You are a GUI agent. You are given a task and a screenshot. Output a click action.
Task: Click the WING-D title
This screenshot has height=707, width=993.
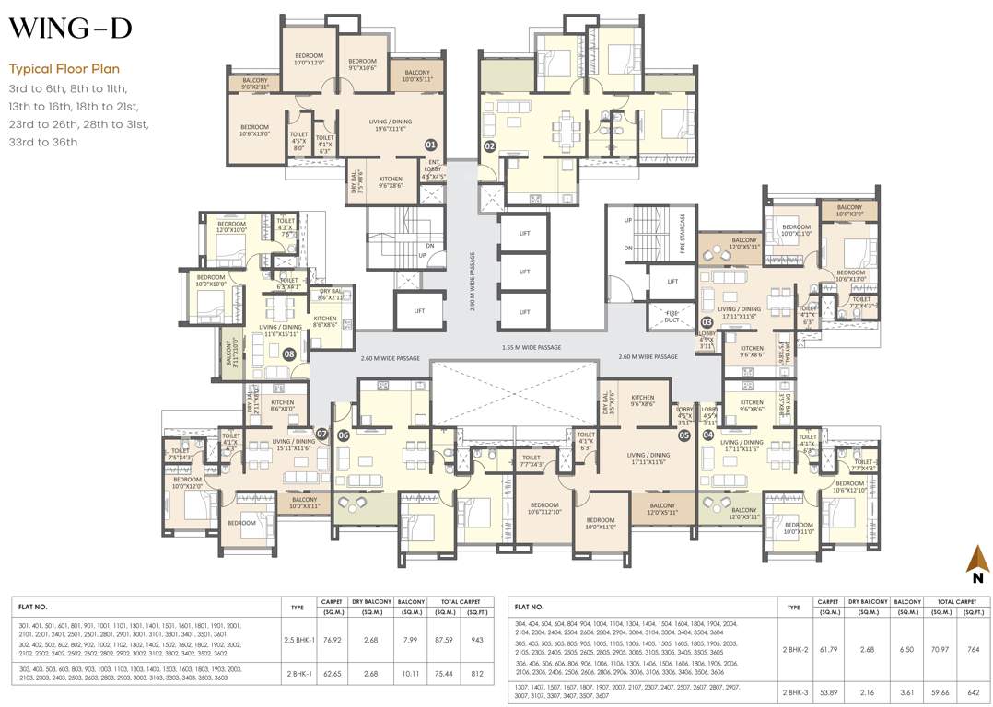click(70, 29)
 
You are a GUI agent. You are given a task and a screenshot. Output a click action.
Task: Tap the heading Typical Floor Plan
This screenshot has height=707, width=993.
click(64, 69)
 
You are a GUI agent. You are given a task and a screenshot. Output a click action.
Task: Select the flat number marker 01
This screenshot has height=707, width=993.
click(430, 145)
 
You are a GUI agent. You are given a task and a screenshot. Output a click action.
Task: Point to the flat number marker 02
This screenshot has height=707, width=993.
click(490, 145)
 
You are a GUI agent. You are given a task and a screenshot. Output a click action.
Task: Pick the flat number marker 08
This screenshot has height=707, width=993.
click(289, 353)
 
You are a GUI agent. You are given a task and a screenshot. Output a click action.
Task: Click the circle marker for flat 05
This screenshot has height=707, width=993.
click(684, 435)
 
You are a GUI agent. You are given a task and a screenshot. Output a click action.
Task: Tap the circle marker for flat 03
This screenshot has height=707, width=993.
click(707, 322)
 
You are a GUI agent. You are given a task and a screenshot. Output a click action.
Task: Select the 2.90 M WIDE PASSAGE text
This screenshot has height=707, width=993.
click(473, 283)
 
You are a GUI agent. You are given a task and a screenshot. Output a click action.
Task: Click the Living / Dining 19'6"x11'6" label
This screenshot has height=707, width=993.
click(390, 125)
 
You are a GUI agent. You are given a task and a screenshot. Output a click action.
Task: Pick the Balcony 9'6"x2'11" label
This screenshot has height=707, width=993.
click(255, 83)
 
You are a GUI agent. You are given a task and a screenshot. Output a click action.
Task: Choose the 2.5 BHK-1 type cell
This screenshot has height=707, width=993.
click(297, 639)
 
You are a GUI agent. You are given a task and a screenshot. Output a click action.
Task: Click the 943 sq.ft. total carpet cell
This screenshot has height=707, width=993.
click(476, 639)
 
